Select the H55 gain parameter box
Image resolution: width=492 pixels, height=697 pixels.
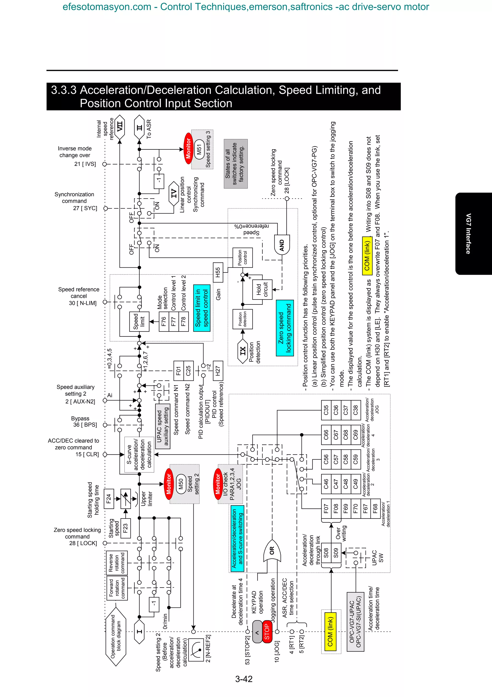(218, 272)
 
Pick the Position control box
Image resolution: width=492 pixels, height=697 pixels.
(242, 257)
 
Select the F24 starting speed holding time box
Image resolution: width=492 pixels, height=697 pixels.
(109, 499)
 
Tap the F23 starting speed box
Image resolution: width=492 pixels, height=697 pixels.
(125, 528)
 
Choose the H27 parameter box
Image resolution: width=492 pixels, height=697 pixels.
(218, 371)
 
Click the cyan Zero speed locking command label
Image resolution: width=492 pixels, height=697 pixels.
(285, 328)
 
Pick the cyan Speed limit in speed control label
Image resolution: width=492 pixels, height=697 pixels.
(202, 308)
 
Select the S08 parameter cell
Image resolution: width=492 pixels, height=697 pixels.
(326, 553)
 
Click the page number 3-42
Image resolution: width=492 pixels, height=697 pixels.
(244, 679)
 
